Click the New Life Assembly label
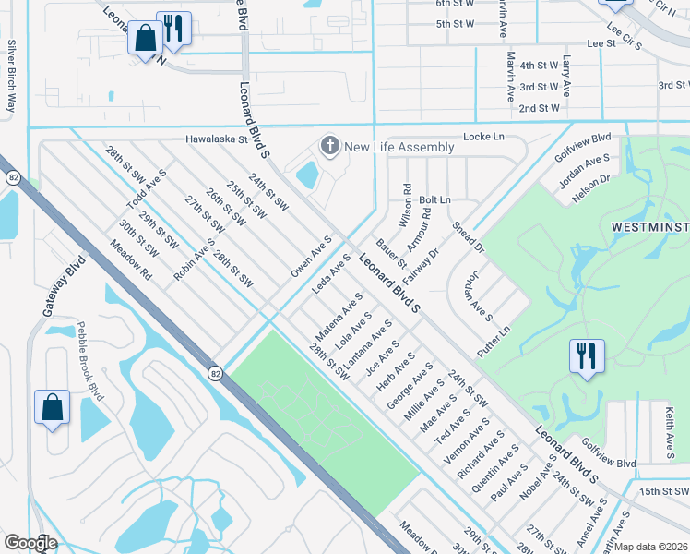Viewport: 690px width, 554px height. (x=399, y=147)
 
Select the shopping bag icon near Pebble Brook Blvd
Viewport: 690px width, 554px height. (x=53, y=407)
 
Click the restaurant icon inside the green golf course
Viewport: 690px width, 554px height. (x=587, y=355)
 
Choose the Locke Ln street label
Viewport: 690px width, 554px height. (x=485, y=137)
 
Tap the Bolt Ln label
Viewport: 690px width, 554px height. (x=434, y=199)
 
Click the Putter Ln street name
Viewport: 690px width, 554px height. (x=494, y=343)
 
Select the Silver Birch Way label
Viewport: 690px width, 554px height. (x=12, y=76)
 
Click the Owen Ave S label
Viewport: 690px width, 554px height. (x=311, y=256)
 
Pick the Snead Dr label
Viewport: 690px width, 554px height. (x=467, y=237)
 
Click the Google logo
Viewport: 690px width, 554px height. (x=30, y=543)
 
